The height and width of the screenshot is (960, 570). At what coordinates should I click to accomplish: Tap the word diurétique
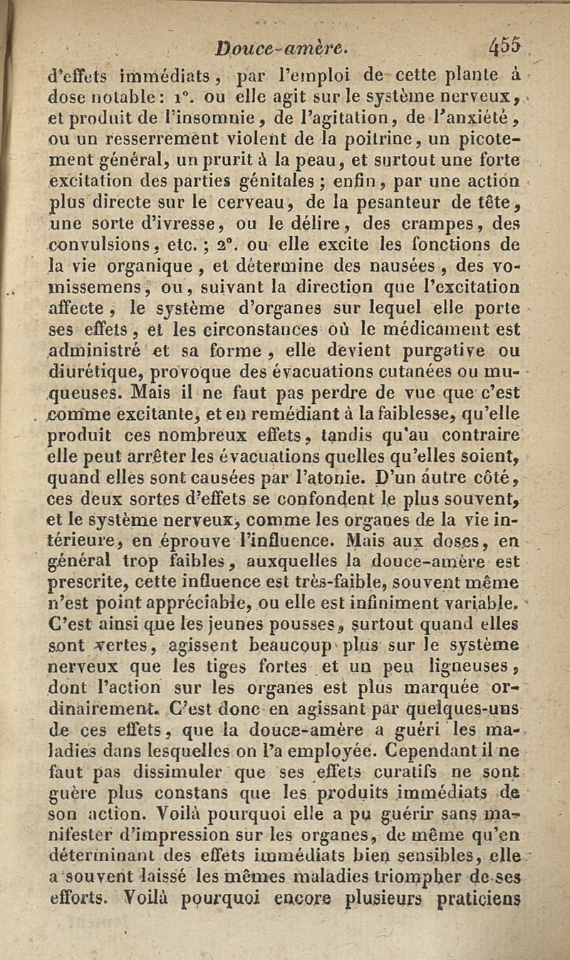(90, 371)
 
